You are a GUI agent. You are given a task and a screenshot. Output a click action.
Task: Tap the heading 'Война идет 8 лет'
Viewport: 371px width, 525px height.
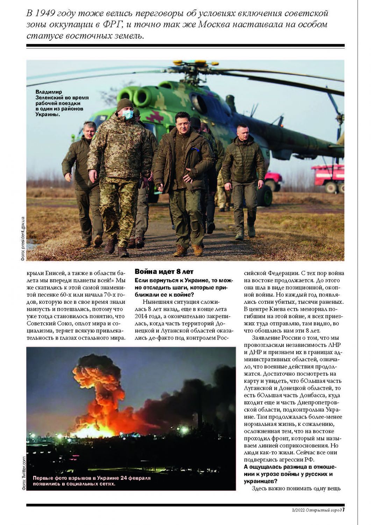point(164,272)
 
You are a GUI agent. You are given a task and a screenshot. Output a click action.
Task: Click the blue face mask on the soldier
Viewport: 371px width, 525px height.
point(128,114)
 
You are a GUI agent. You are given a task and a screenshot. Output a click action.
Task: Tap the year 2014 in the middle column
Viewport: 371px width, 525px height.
point(142,316)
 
